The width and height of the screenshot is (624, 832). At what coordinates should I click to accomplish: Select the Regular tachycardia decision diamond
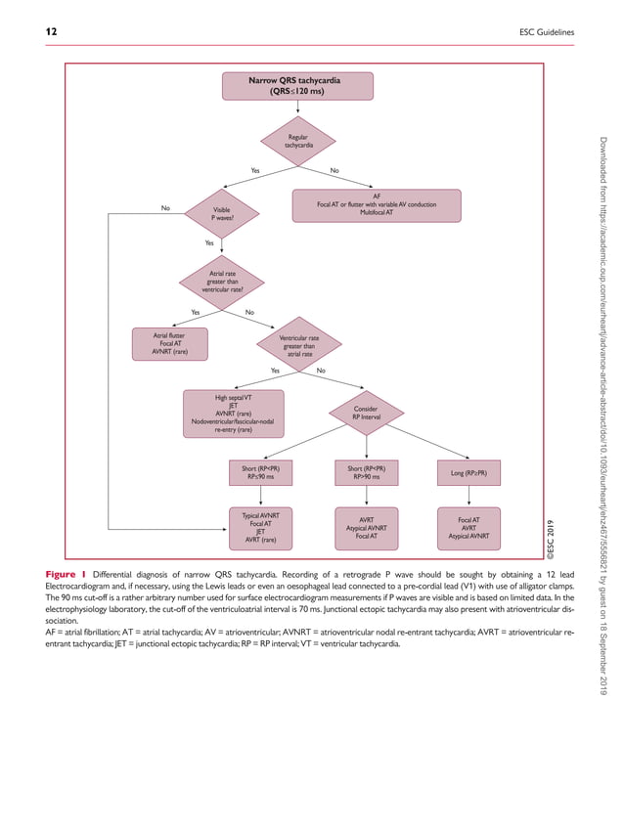coord(298,143)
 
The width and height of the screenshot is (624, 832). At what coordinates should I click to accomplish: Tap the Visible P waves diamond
coord(220,212)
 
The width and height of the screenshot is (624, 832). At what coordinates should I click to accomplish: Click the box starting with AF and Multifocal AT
coord(377,204)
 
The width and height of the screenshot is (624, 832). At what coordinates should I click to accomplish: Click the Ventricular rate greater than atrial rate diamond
coord(298,346)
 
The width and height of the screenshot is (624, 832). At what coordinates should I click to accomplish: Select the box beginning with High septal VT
coord(234,412)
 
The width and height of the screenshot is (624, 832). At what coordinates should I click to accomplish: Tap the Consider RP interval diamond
coord(366,412)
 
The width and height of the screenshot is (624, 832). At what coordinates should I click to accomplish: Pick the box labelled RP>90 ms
coord(371,472)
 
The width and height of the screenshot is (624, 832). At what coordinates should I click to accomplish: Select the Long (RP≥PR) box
coord(468,473)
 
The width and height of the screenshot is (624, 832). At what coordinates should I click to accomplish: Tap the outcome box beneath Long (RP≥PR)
coord(468,527)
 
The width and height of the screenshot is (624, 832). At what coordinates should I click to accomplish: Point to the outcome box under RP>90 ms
coord(366,527)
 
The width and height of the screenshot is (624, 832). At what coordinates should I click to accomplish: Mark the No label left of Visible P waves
coord(165,207)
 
